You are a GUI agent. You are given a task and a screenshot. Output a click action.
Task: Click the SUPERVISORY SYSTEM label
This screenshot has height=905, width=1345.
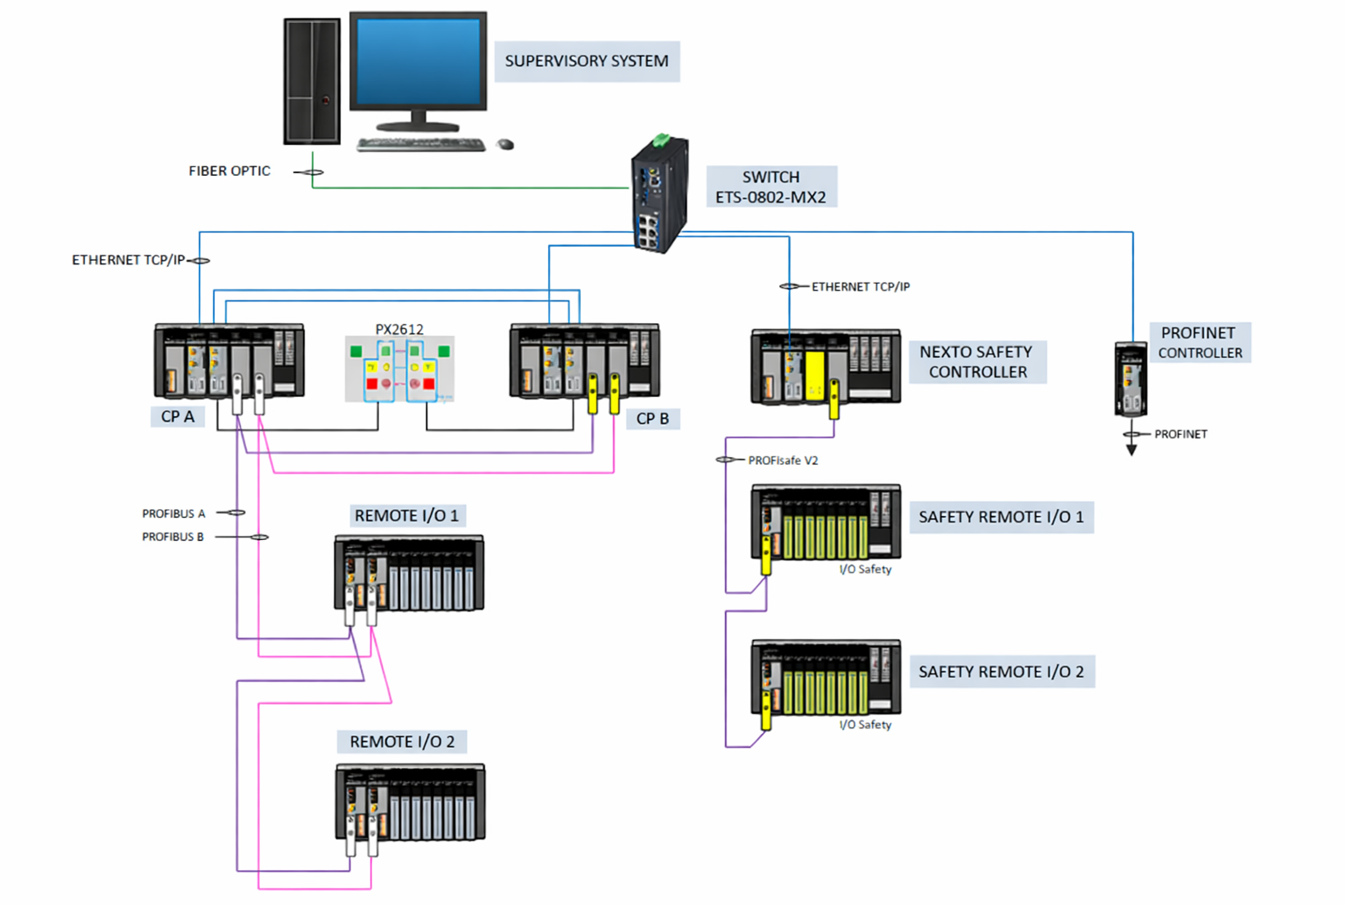(586, 61)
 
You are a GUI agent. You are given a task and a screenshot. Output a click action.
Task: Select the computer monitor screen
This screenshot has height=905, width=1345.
(418, 61)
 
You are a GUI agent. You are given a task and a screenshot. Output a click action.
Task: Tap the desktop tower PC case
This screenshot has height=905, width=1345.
(312, 81)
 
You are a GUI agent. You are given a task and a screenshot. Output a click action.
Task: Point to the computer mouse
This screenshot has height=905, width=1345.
(505, 144)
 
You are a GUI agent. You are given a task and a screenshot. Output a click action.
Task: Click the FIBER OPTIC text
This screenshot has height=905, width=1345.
(229, 172)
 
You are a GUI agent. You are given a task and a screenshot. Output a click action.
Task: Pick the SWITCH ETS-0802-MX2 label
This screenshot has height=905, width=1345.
(771, 187)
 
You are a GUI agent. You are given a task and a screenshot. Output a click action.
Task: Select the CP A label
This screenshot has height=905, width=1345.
(177, 417)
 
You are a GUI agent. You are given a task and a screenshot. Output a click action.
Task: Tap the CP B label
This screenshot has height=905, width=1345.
(653, 419)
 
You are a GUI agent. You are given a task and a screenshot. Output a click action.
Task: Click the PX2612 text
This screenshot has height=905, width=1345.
(399, 329)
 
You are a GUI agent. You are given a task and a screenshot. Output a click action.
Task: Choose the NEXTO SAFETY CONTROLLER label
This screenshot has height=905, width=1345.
(977, 362)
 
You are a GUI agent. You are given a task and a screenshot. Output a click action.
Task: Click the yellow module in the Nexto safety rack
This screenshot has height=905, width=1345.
(814, 375)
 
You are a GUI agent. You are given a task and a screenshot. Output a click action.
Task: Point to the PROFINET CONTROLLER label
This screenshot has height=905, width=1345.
(1200, 343)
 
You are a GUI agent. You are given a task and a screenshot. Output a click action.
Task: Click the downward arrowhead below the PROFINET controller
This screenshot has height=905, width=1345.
(1131, 450)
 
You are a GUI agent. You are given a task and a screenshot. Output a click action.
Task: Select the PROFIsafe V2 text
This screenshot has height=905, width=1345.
(782, 461)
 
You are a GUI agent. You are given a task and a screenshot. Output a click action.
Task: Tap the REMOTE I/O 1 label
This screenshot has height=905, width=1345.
(407, 516)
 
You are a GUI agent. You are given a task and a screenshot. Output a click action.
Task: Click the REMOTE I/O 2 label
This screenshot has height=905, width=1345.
(402, 742)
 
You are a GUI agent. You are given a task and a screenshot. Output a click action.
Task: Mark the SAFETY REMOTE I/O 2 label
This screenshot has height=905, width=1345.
(1001, 672)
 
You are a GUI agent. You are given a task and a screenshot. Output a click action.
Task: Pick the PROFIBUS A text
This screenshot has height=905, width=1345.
(174, 514)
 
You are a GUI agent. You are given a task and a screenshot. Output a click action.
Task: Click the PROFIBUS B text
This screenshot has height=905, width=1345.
(173, 538)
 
